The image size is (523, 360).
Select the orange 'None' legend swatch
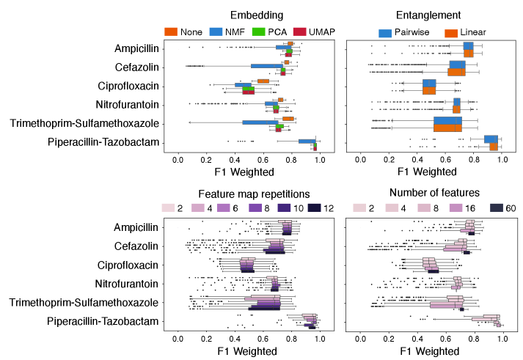(x=172, y=32)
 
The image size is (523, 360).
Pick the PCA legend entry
(x=260, y=32)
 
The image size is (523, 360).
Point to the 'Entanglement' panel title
(x=428, y=15)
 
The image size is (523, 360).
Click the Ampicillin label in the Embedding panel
(x=136, y=48)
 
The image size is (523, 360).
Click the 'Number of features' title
(x=428, y=194)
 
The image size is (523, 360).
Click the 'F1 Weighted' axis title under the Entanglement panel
(x=428, y=173)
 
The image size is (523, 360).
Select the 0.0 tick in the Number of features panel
(x=360, y=338)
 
